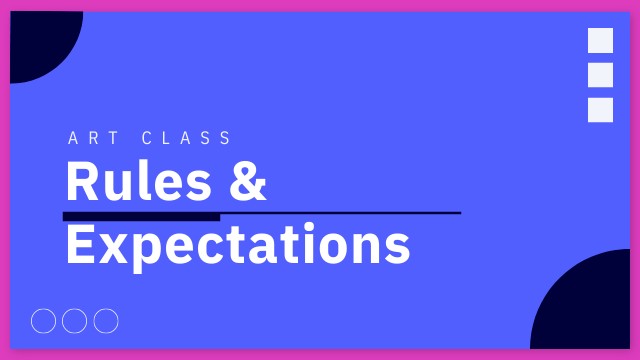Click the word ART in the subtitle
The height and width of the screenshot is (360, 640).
pyautogui.click(x=91, y=138)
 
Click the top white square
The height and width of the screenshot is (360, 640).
pyautogui.click(x=601, y=41)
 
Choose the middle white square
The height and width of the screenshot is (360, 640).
pyautogui.click(x=601, y=75)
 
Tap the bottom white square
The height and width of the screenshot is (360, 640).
pyautogui.click(x=601, y=110)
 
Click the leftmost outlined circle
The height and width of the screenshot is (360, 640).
pyautogui.click(x=44, y=321)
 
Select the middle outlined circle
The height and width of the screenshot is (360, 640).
pyautogui.click(x=75, y=321)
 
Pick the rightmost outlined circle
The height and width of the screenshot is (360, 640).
pyautogui.click(x=106, y=321)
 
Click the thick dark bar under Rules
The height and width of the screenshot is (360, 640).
pyautogui.click(x=141, y=216)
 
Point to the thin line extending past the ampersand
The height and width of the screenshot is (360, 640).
pyautogui.click(x=340, y=213)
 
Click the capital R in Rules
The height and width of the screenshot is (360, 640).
pyautogui.click(x=80, y=182)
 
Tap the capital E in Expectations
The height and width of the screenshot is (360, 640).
pyautogui.click(x=79, y=244)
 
